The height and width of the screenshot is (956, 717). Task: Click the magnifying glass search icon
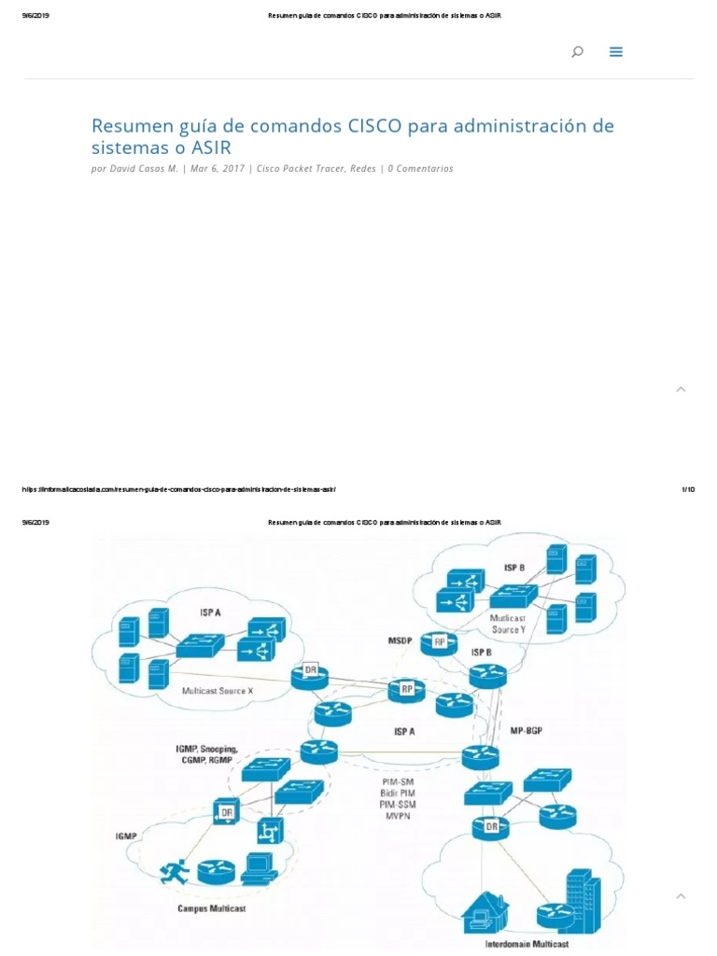(x=577, y=52)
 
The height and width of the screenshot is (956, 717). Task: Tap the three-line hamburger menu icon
(x=616, y=52)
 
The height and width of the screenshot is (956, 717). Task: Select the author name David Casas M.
(x=144, y=169)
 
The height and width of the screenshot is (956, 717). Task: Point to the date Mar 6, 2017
(x=218, y=169)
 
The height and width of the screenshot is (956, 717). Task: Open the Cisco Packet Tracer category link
(x=301, y=169)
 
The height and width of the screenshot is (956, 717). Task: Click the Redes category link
(x=363, y=169)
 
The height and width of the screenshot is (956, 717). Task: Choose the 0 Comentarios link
(x=420, y=169)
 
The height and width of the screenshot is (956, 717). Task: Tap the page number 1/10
(x=688, y=489)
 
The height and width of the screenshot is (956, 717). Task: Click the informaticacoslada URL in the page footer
(x=178, y=489)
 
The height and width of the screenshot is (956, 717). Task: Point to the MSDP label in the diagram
(x=400, y=640)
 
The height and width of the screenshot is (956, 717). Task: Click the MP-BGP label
(x=527, y=730)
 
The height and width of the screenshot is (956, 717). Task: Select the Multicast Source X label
(x=217, y=691)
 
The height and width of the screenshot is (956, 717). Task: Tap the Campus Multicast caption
(x=212, y=908)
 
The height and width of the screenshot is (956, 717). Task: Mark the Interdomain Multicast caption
(x=526, y=944)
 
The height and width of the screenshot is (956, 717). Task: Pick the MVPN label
(x=400, y=816)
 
